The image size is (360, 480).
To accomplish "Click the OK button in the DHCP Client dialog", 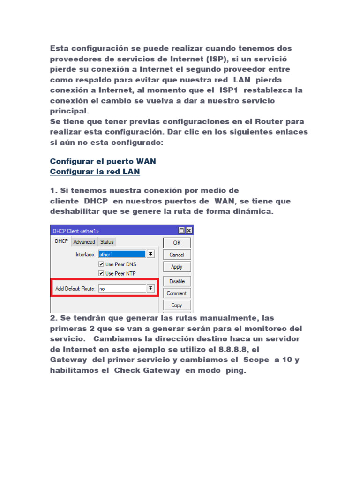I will pos(177,243).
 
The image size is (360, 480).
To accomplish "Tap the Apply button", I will pos(177,267).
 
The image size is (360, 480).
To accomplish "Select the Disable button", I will pos(177,281).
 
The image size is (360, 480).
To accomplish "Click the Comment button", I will pos(177,293).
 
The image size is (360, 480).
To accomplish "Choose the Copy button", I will pos(177,305).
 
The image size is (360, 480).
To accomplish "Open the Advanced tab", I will pos(84,242).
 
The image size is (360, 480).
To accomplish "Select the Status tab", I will pos(107,242).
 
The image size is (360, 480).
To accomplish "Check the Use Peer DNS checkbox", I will pos(101,264).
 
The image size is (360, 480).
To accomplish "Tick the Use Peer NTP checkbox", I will pos(101,273).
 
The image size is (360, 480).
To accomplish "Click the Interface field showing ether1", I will pos(121,255).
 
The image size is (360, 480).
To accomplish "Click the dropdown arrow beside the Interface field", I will pos(150,254).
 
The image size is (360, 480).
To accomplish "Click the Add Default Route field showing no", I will pos(121,289).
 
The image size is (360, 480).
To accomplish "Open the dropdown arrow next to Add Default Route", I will pos(150,288).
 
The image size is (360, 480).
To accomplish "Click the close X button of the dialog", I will pos(188,231).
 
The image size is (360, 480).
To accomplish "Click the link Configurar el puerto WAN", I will pos(103,161).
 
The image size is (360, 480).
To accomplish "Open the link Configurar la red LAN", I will pos(95,172).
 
